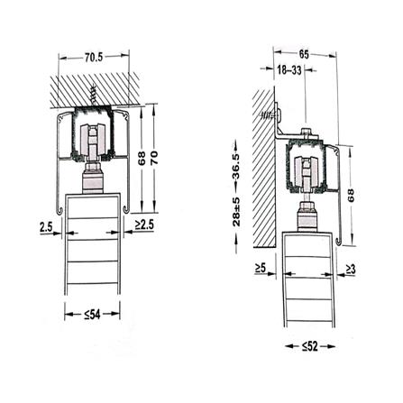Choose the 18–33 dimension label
coord(289,69)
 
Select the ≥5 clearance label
coord(261,268)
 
